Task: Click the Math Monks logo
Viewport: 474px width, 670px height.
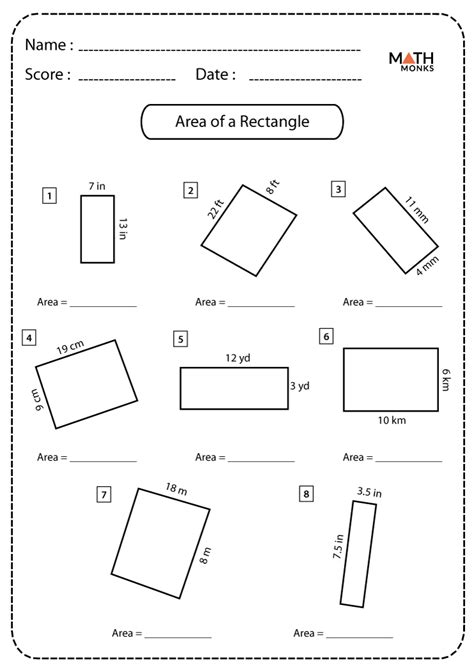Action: pos(411,62)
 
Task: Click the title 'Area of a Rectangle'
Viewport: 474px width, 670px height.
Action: pos(242,121)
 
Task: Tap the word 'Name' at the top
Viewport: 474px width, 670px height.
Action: pos(45,44)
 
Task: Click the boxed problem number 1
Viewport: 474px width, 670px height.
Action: pos(50,196)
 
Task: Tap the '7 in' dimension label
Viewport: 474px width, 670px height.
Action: pos(97,186)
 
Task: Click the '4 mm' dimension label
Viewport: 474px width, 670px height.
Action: pos(427,266)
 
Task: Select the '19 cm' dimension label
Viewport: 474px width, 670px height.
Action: pos(71,347)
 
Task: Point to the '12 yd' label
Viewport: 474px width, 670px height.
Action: pos(238,358)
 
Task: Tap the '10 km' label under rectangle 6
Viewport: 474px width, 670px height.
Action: pos(392,420)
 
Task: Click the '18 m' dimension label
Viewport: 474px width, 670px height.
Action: pos(177,488)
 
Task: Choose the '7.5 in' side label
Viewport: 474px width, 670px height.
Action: pos(338,546)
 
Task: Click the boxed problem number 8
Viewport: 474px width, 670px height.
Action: pos(306,494)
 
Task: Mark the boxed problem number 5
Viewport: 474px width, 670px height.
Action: pos(180,339)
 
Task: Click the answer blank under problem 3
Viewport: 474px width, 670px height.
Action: pos(409,306)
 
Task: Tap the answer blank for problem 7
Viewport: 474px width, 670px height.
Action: pos(178,638)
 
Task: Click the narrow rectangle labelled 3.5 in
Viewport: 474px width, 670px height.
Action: pos(358,554)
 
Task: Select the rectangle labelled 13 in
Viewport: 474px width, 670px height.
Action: pos(97,229)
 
